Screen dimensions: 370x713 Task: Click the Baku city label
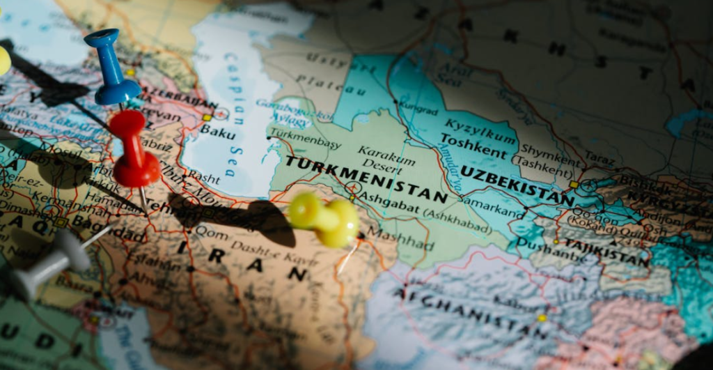(x=218, y=132)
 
